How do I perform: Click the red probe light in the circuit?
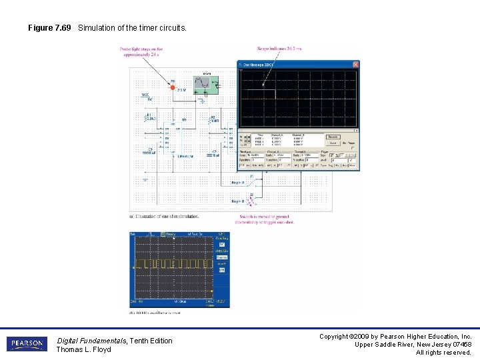click(173, 87)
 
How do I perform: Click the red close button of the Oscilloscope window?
click(356, 65)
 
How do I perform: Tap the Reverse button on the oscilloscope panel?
click(333, 137)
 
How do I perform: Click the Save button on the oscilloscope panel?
click(332, 143)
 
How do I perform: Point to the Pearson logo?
click(27, 344)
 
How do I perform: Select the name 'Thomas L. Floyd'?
click(83, 349)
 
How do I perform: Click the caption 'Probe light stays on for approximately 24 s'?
click(141, 52)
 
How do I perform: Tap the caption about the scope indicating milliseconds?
click(279, 48)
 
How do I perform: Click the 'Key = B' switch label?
click(238, 201)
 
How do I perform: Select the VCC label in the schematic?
click(145, 95)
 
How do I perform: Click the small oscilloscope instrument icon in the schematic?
click(202, 83)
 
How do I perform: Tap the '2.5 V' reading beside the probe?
click(182, 89)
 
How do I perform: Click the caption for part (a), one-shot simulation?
click(164, 216)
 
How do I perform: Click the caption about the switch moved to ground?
click(266, 219)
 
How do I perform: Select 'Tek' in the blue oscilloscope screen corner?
click(133, 234)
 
